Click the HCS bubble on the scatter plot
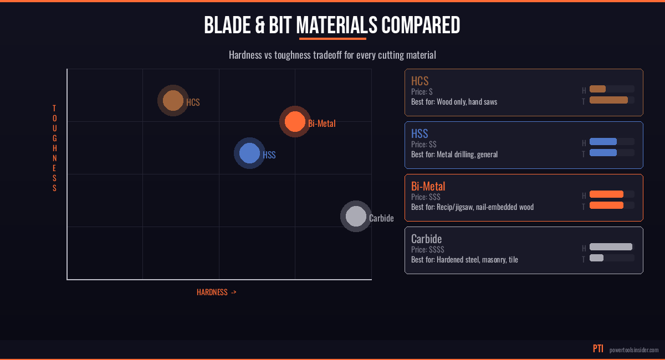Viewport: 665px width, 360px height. [173, 101]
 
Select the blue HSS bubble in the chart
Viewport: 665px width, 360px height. [249, 153]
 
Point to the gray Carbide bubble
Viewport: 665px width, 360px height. [356, 216]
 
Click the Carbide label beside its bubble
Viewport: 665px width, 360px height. [381, 218]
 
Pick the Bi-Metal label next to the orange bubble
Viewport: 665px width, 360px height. [322, 124]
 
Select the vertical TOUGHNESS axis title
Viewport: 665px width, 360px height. [54, 148]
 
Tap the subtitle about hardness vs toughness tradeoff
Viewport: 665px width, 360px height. [332, 55]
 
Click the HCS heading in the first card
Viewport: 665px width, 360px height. [420, 81]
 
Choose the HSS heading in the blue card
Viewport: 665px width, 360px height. [420, 133]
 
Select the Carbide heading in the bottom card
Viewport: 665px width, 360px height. [426, 239]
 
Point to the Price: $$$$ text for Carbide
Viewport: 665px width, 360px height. [427, 250]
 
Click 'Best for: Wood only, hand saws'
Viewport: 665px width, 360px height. [454, 102]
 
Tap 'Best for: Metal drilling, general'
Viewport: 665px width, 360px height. [454, 155]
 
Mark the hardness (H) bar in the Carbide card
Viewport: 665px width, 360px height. [611, 247]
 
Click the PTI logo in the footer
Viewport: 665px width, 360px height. [598, 349]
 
